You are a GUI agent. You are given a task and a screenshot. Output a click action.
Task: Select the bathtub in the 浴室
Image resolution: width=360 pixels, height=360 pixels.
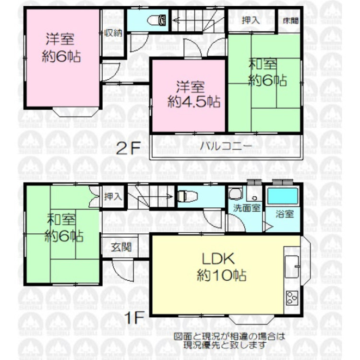(281, 197)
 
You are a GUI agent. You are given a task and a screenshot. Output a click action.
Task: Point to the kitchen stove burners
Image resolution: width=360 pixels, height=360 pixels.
(292, 298)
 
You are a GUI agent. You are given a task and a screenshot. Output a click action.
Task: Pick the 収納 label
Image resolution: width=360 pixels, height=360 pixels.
(113, 33)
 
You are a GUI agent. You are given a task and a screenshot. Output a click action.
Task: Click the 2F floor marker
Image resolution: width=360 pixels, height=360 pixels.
(128, 148)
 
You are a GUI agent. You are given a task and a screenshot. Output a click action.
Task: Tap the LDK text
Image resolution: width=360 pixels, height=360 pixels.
(217, 259)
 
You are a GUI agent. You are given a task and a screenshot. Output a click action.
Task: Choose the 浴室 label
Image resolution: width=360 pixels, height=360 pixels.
(285, 215)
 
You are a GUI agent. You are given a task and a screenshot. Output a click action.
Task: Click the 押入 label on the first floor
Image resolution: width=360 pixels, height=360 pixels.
(114, 196)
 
